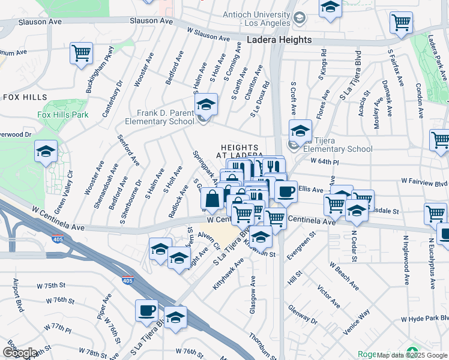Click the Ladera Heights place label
280,40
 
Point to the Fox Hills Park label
62,115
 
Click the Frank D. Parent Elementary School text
160,117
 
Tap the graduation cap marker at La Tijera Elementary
300,131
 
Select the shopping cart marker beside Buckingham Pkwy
81,53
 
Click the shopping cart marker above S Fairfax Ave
401,23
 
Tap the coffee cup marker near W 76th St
146,311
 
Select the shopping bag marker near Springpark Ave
212,198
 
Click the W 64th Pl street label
325,161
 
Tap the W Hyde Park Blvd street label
424,319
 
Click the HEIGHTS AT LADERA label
240,151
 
